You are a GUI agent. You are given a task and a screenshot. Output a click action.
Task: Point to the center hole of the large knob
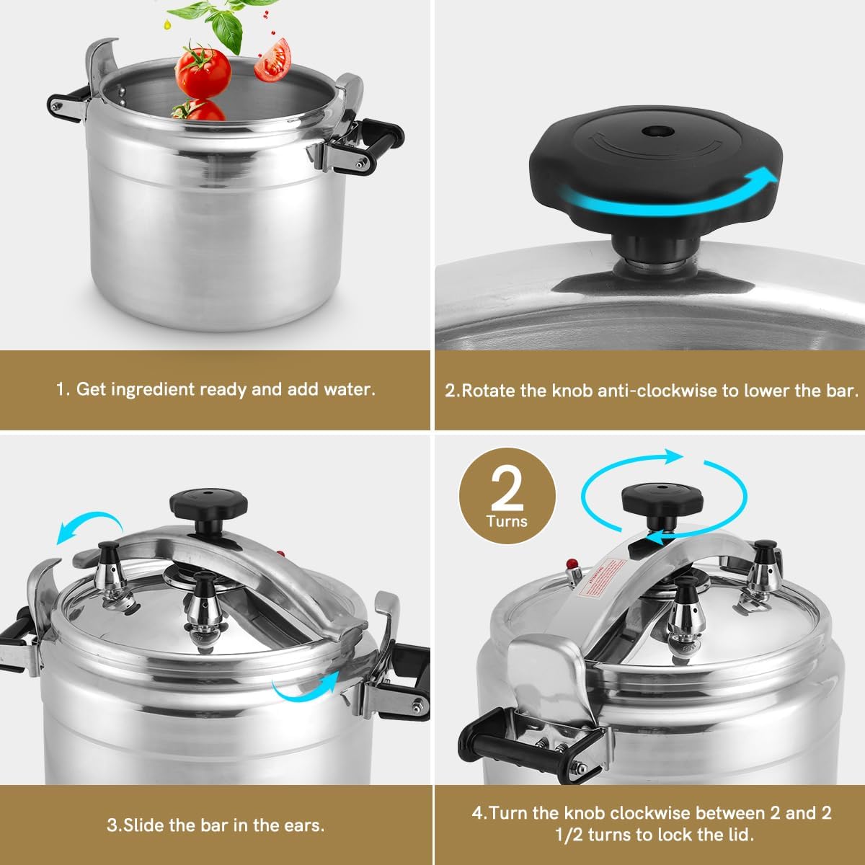655,132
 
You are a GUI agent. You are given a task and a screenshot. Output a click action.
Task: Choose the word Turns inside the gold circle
507,521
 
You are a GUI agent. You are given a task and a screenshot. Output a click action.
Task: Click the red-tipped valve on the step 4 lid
573,564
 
